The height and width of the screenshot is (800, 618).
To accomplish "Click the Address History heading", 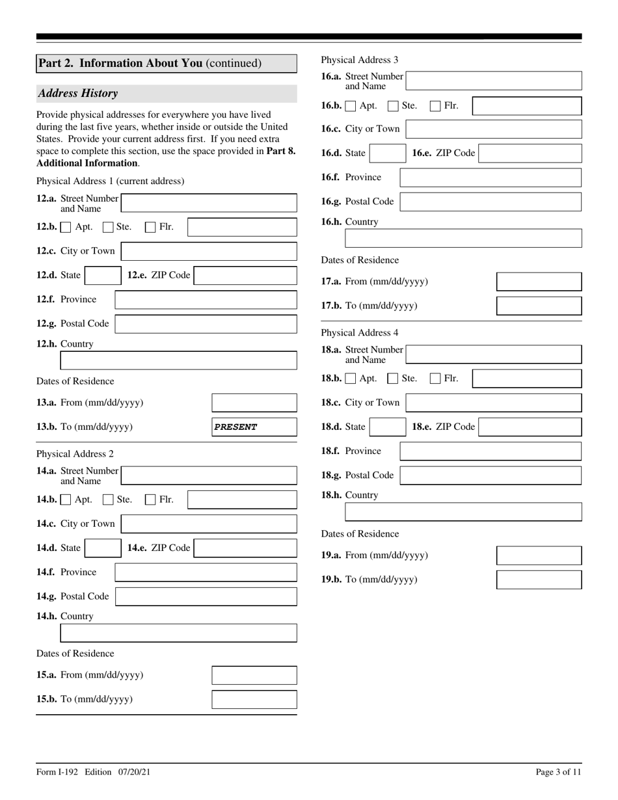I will click(x=78, y=93).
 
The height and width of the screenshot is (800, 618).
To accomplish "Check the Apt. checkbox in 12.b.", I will click(x=66, y=227).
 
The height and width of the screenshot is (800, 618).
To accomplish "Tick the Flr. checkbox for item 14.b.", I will click(x=150, y=500).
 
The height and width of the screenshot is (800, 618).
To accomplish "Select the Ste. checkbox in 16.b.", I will click(x=393, y=105).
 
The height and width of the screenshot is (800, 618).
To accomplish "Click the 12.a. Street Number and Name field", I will click(x=209, y=203).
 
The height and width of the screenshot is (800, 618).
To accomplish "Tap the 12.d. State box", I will click(x=103, y=276).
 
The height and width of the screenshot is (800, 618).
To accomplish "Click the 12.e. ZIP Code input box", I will click(x=245, y=276).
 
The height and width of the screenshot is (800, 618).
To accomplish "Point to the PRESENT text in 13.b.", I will click(x=235, y=427).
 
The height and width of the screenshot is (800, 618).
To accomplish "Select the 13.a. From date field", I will click(x=254, y=403).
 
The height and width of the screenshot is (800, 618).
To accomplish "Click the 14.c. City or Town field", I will click(x=209, y=524).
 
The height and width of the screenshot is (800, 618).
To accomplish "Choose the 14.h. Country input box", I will click(x=178, y=633).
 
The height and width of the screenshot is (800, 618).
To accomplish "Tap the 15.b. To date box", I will click(x=254, y=699).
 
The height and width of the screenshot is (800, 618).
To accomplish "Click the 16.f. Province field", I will click(x=490, y=178).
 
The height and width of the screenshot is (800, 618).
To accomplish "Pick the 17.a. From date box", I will click(x=539, y=282).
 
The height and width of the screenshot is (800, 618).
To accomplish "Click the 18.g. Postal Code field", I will click(x=490, y=475).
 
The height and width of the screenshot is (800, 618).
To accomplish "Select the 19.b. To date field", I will click(x=539, y=580).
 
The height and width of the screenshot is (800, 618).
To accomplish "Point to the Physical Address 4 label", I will click(x=360, y=332).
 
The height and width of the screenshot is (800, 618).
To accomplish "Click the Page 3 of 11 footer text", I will click(x=558, y=772).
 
